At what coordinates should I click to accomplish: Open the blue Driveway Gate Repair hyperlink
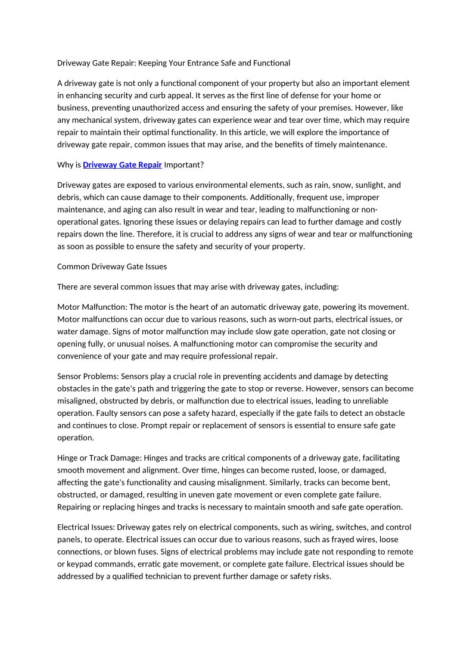tap(122, 164)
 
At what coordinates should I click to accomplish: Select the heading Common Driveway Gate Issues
tap(112, 266)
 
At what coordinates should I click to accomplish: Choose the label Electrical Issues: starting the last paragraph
tap(86, 527)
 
